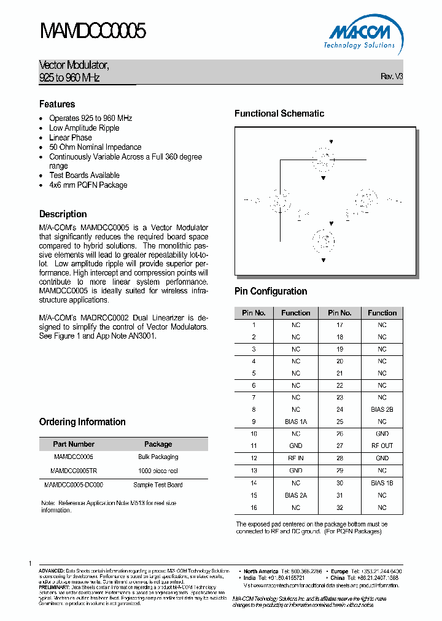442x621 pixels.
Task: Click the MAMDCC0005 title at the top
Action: coord(92,31)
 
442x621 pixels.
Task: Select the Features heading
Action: coord(57,104)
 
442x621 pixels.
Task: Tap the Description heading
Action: coord(63,214)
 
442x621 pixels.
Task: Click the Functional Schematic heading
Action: coord(279,114)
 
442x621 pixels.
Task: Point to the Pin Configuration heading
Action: coord(271,291)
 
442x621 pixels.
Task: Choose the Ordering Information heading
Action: coord(82,422)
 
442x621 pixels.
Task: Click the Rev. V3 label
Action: coord(392,77)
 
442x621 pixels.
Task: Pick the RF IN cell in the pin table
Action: coord(296,458)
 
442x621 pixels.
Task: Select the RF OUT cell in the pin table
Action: coord(382,446)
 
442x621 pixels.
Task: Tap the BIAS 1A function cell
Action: coord(296,422)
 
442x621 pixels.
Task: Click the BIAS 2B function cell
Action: coord(382,410)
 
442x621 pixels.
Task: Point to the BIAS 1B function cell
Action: coord(382,483)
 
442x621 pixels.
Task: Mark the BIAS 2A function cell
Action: coord(296,495)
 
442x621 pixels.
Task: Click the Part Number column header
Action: coord(74,444)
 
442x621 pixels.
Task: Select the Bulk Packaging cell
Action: coord(158,457)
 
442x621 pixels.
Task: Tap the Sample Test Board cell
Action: coord(158,485)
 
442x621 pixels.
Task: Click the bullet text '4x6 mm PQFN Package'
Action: coord(88,185)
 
